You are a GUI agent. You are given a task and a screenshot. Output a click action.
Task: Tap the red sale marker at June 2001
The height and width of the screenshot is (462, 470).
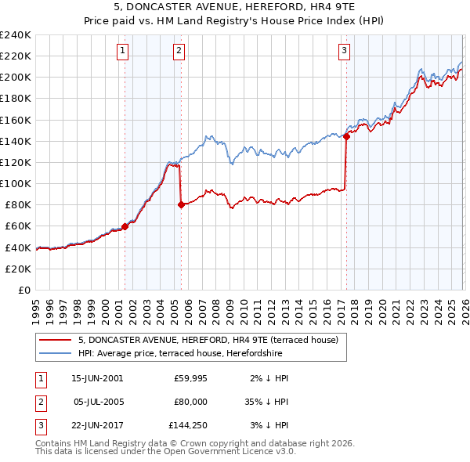[x=125, y=226]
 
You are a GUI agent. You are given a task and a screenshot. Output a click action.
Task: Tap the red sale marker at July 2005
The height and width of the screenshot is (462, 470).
[x=181, y=204]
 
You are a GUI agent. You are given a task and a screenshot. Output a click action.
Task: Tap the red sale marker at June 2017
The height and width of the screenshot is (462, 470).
[x=346, y=136]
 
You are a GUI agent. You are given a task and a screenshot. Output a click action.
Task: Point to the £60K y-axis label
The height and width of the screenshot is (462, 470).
[x=17, y=226]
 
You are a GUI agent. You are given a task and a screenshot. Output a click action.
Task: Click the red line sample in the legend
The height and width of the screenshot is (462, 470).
[x=56, y=340]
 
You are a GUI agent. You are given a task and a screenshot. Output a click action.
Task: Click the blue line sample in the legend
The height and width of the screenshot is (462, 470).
[x=56, y=353]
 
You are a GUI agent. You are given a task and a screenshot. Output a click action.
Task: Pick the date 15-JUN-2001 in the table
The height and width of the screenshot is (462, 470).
[x=97, y=378]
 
